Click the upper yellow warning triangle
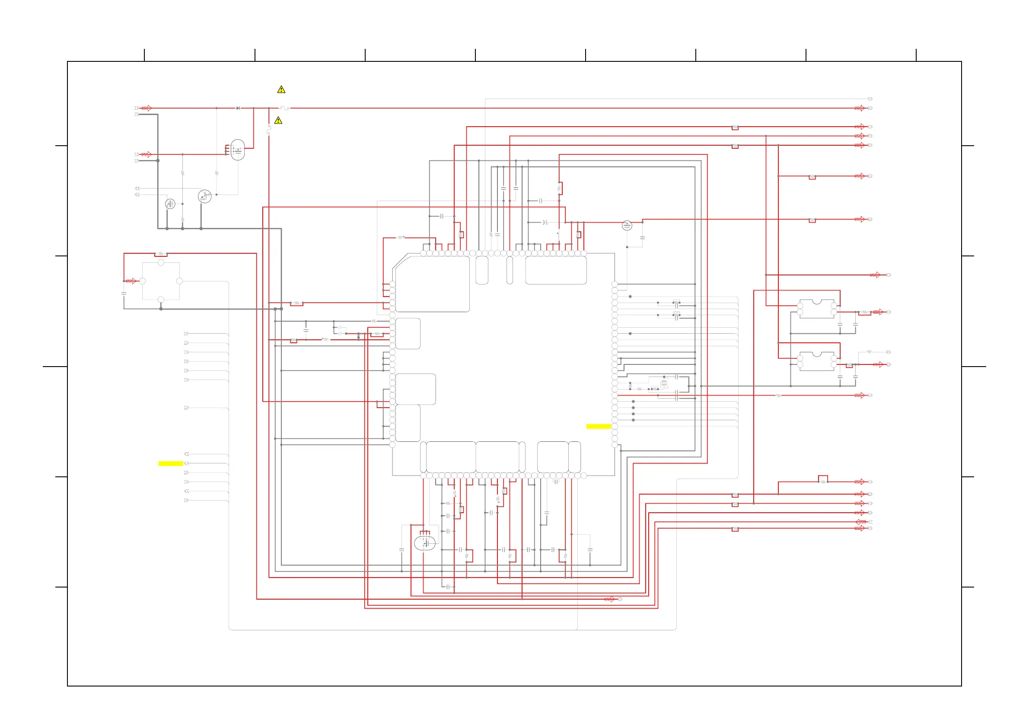[x=281, y=89]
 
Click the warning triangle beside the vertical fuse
[x=278, y=121]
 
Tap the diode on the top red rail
[x=238, y=108]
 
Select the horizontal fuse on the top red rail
[x=284, y=108]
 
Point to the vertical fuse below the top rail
[x=269, y=130]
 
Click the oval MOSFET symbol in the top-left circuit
[x=238, y=150]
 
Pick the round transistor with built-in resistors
[x=205, y=196]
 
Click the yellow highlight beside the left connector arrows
[x=170, y=463]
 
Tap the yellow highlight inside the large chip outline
[x=598, y=426]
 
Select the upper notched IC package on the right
[x=816, y=308]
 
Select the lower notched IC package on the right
[x=816, y=361]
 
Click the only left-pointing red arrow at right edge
[x=860, y=522]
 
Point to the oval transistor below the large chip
[x=424, y=543]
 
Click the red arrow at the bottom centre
[x=609, y=599]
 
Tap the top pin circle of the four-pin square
[x=161, y=263]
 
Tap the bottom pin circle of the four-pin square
[x=161, y=300]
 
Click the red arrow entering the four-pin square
[x=131, y=281]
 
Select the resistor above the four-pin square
[x=160, y=254]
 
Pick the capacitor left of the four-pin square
[x=124, y=293]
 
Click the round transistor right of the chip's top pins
[x=627, y=226]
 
